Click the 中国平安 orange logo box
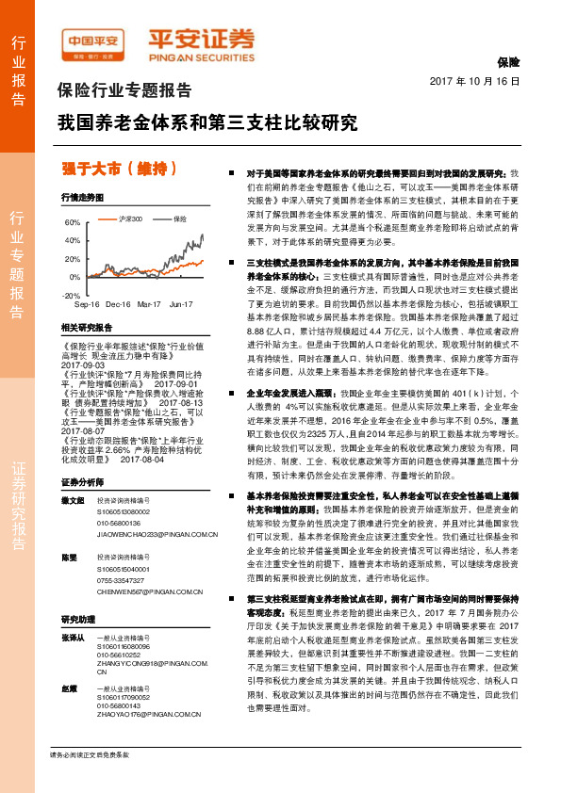(x=93, y=41)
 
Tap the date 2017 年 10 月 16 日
(x=474, y=82)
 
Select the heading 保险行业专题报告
(x=124, y=91)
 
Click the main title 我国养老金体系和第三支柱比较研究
(x=206, y=122)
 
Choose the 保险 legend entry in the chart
(x=178, y=218)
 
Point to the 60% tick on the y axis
(x=73, y=223)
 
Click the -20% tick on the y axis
(x=71, y=295)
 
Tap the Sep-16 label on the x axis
(x=87, y=305)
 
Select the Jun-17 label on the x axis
(x=181, y=305)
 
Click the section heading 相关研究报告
(x=87, y=327)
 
